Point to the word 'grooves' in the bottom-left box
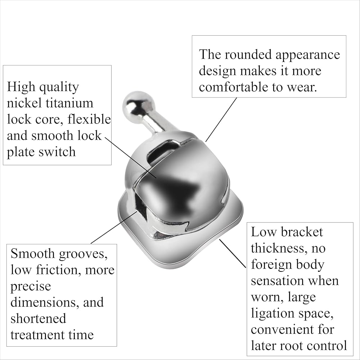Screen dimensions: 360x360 (x=83, y=254)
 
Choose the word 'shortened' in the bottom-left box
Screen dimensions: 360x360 (x=39, y=318)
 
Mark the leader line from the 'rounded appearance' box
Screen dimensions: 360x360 (x=221, y=120)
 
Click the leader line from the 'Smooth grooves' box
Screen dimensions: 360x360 (x=114, y=228)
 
